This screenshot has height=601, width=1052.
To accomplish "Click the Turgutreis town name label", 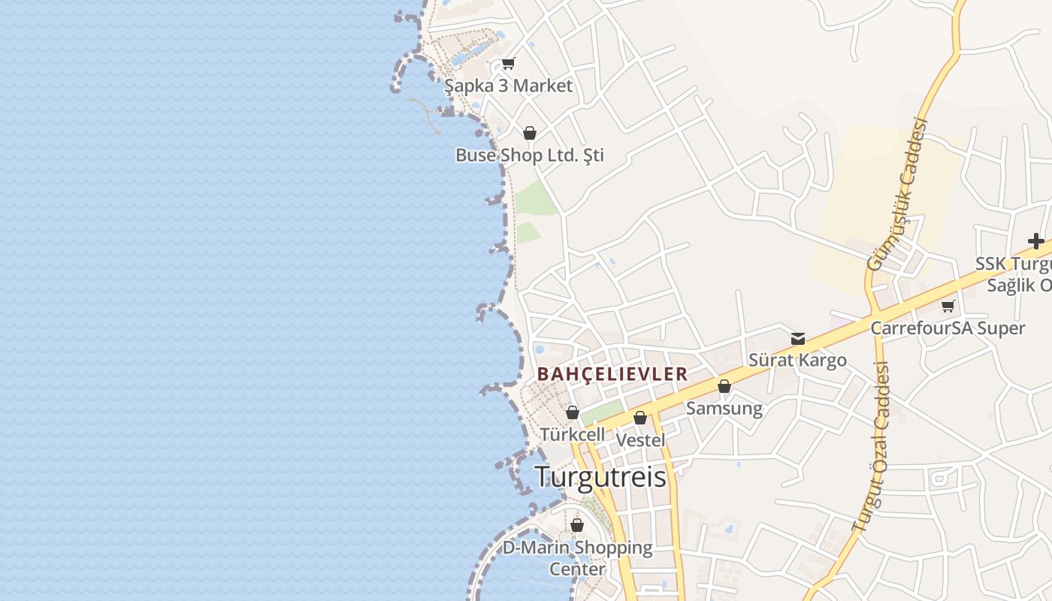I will (x=600, y=477).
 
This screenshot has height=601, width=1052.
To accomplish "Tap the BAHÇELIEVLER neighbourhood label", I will (x=612, y=374).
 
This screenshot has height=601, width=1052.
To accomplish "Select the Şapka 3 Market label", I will (x=508, y=86).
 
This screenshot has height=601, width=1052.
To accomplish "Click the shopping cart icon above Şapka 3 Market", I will (x=509, y=64).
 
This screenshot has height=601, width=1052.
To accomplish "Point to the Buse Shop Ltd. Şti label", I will (x=530, y=156).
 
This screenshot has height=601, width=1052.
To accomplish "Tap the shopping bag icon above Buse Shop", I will (x=530, y=134).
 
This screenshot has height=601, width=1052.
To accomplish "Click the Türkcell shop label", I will (x=572, y=434).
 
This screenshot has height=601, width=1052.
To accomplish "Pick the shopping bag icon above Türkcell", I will (x=572, y=412).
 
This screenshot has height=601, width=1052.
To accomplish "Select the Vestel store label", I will (x=640, y=439).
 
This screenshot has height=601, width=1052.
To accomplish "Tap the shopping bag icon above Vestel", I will (x=640, y=418).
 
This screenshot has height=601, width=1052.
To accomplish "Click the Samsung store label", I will (x=724, y=408).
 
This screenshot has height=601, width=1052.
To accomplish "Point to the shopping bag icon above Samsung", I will (x=724, y=386).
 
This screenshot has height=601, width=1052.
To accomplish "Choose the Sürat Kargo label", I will (x=797, y=360).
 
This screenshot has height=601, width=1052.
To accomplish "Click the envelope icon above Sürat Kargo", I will (x=798, y=339).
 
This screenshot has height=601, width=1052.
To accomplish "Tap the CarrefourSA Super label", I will (x=948, y=328).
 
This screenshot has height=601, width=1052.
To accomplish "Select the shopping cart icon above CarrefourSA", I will (x=948, y=307).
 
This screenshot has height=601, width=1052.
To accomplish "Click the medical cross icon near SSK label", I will (x=1036, y=241).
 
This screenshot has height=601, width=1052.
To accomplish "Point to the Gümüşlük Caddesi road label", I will (x=897, y=194).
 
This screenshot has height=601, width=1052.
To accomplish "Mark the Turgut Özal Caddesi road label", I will (x=872, y=448).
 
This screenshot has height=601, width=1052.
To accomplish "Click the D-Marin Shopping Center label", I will (x=577, y=557).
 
